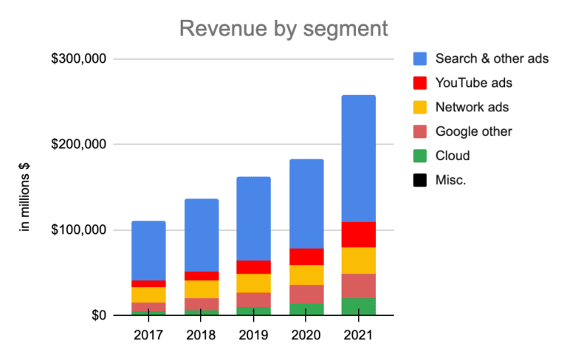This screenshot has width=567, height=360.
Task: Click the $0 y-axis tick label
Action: coord(100,316)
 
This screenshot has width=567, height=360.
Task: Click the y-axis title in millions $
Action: coord(24,196)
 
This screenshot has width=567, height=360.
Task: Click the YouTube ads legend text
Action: coord(473,83)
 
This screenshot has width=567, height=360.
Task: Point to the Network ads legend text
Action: coord(472,107)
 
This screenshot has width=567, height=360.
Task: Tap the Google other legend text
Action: coord(473,131)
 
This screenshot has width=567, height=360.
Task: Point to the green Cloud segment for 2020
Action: coord(306,310)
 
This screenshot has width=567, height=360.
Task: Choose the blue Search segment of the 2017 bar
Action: coord(148,251)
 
